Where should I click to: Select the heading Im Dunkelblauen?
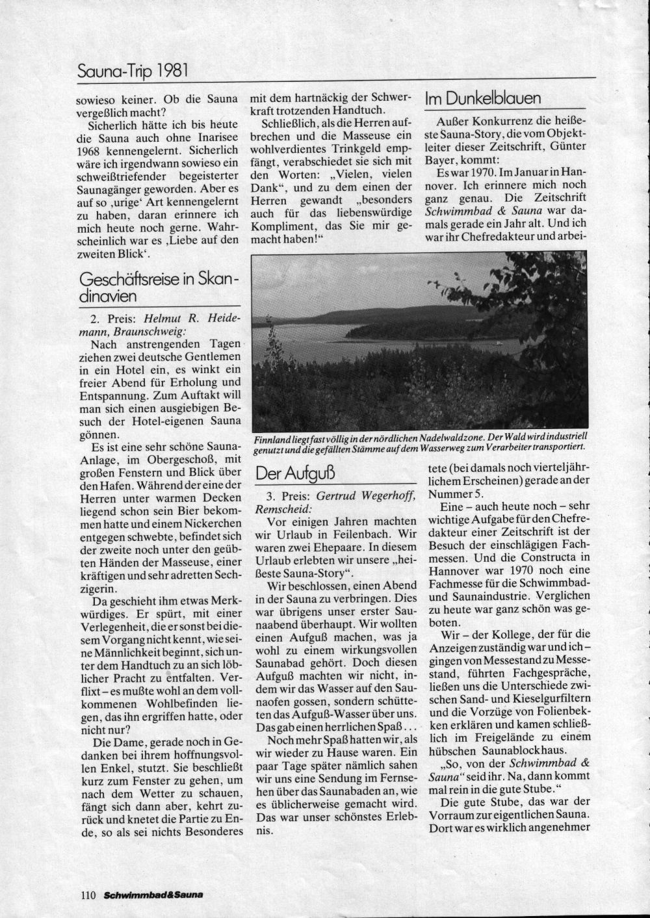tap(483, 99)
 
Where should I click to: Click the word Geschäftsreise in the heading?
tap(120, 280)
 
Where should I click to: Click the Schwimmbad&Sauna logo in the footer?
tap(153, 895)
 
